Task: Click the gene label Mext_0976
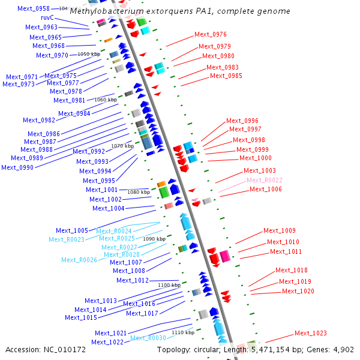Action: coord(211,34)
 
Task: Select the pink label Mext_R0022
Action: coord(264,180)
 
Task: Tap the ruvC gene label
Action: coord(47,18)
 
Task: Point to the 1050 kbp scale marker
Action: coord(88,54)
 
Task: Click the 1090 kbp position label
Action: coord(154,239)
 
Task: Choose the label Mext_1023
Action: coord(310,333)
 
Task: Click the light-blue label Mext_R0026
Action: coord(79,260)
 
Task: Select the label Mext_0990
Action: coord(17,167)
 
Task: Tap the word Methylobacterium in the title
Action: coord(100,11)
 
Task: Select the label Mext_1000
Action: coord(255,158)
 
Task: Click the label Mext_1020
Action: coord(298,291)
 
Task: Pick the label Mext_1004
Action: coord(108,208)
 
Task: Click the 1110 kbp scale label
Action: coord(183,332)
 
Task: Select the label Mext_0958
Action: coord(34,8)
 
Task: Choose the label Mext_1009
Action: coord(279,230)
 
